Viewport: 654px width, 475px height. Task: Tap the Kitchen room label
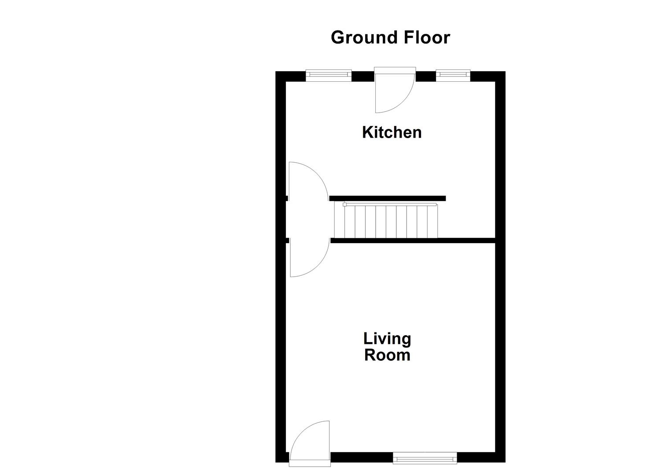point(392,132)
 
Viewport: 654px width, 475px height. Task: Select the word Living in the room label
point(387,339)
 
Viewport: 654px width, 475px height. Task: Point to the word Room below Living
point(387,355)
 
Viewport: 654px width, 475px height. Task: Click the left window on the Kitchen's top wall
point(329,75)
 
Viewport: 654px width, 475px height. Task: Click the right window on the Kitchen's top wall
point(453,75)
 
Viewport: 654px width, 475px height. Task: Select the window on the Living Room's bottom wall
point(425,458)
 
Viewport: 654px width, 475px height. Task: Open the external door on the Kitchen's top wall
point(394,90)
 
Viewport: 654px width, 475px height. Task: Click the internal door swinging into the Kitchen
point(308,180)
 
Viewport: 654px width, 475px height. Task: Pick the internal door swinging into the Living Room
point(308,259)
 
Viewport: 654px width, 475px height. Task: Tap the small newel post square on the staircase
point(344,205)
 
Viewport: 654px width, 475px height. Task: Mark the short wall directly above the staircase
point(387,198)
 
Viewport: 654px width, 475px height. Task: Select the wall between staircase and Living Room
point(413,241)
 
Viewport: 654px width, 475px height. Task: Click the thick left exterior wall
point(281,308)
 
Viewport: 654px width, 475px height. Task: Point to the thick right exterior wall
point(500,308)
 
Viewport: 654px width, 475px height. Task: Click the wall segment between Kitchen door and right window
point(425,77)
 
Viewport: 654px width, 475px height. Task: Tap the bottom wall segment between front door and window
point(361,457)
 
